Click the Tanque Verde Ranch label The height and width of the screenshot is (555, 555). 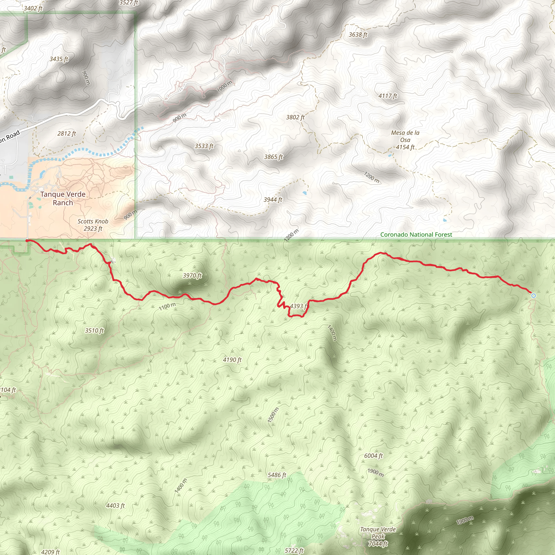[63, 198]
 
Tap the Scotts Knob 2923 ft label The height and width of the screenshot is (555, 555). [93, 225]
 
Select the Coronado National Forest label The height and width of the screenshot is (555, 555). [416, 235]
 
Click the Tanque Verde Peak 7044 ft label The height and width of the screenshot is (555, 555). [378, 536]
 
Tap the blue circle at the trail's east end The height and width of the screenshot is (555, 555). [533, 296]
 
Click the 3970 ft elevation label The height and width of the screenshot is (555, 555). [192, 276]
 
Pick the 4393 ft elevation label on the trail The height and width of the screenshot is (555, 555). [299, 306]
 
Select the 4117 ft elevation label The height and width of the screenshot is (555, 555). [388, 96]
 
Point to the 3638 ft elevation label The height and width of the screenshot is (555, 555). [358, 35]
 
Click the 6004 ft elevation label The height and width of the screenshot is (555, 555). [373, 456]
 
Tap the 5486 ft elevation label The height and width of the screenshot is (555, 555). [277, 475]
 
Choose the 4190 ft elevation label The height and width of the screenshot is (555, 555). [232, 360]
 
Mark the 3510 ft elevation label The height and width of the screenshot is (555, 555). [94, 331]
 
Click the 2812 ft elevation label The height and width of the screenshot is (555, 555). [67, 134]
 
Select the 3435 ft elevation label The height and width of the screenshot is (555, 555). [59, 59]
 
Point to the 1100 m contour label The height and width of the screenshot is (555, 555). [167, 306]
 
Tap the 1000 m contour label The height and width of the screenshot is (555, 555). [224, 86]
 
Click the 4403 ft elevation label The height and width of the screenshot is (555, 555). [115, 506]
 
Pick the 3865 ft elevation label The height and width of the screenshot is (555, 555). [273, 157]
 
